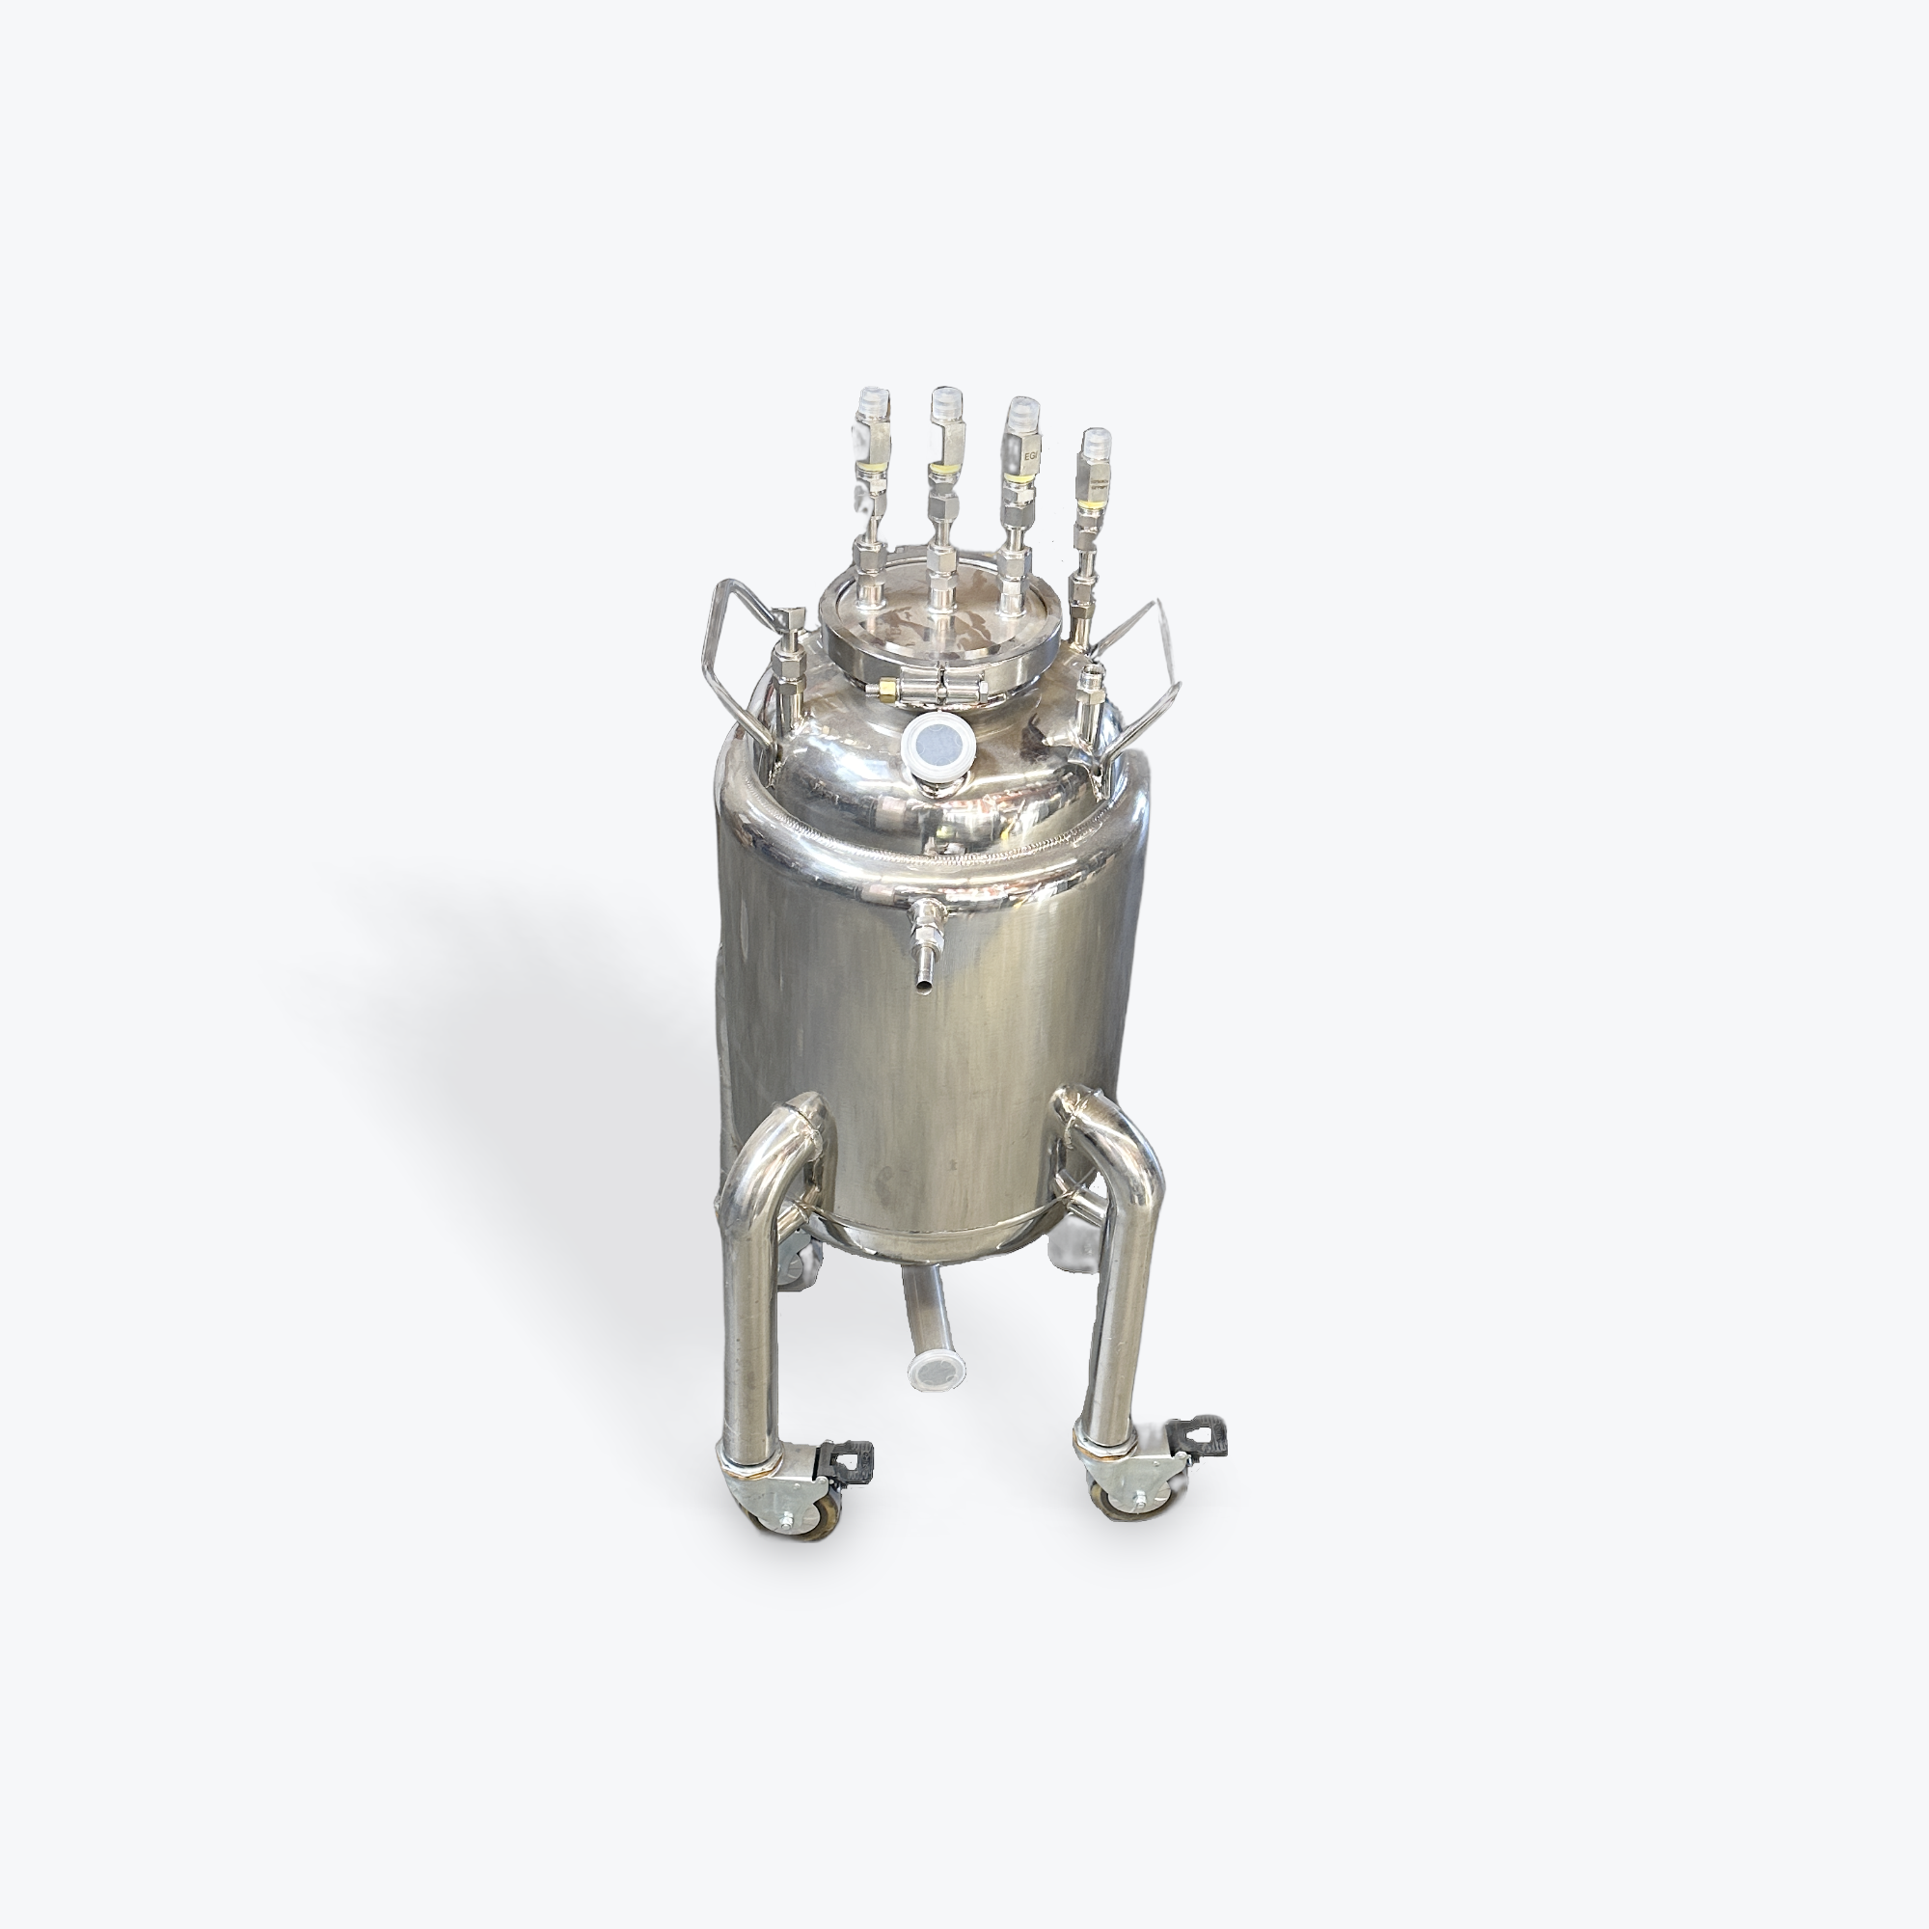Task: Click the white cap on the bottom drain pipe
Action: tap(936, 1371)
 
